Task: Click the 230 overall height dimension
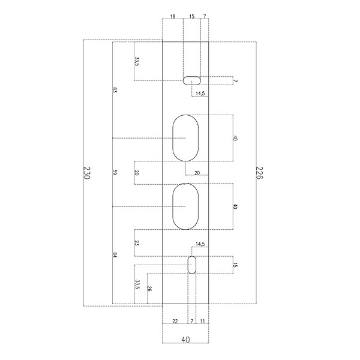point(86,173)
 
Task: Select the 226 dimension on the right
point(259,173)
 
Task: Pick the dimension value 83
point(115,90)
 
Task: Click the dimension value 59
point(115,172)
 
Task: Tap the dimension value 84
point(115,255)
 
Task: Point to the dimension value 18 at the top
point(173,16)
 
